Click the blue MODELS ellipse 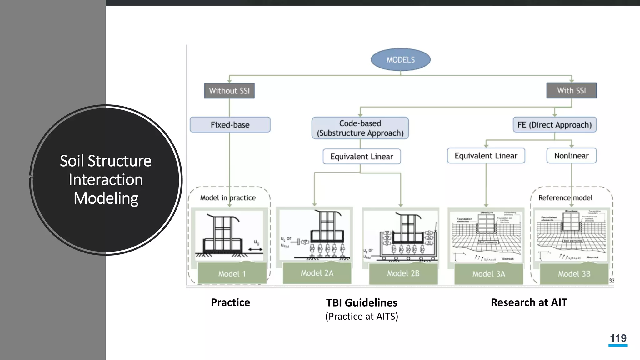tap(400, 59)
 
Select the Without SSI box tap(229, 91)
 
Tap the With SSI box tap(571, 90)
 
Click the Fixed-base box tap(230, 125)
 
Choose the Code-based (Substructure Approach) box tap(360, 128)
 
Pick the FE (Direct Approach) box tap(554, 125)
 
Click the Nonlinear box tap(571, 156)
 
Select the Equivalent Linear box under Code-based tap(362, 156)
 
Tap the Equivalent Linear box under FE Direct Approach tap(486, 156)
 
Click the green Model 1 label tap(232, 274)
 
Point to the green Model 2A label tap(317, 273)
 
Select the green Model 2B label tap(403, 273)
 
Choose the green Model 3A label tap(488, 274)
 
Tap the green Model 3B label tap(574, 274)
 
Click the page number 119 tap(618, 338)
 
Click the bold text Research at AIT tap(529, 302)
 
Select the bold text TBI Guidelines tap(362, 303)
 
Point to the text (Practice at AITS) tap(362, 317)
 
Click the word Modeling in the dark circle tap(106, 198)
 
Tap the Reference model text tap(565, 198)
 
